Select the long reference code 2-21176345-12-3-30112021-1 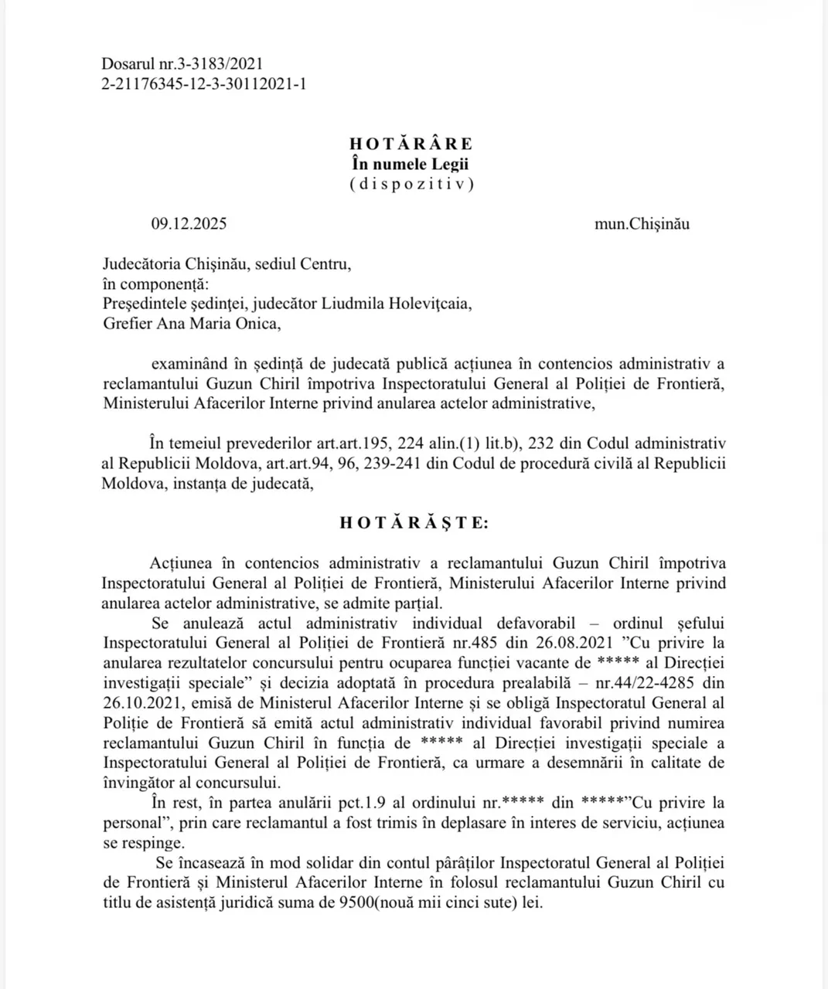point(203,84)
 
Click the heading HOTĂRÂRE point(411,144)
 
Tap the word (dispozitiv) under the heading point(411,184)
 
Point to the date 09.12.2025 point(189,225)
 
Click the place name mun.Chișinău point(642,225)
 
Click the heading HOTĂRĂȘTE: point(414,523)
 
